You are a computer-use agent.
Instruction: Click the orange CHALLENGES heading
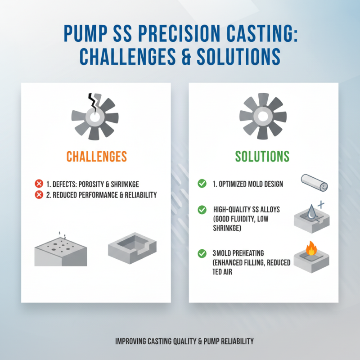tap(96, 156)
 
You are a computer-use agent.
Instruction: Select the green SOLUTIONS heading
tap(262, 156)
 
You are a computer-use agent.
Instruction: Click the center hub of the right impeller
tap(262, 117)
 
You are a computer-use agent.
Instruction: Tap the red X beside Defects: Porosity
tap(39, 184)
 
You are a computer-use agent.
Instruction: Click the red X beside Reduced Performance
tap(39, 194)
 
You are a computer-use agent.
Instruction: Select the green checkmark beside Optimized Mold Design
tap(202, 184)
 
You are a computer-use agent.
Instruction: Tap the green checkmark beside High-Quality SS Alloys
tap(202, 210)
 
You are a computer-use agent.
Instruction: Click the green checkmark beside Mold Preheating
tap(202, 254)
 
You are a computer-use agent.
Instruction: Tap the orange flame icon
tap(310, 248)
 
